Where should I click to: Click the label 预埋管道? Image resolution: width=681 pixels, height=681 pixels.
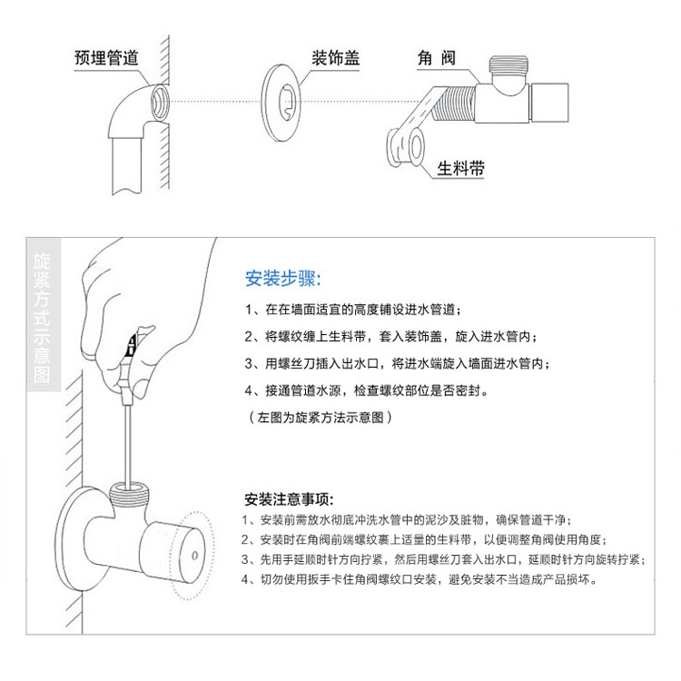click(x=106, y=58)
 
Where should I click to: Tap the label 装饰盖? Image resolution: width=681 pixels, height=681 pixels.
click(x=336, y=58)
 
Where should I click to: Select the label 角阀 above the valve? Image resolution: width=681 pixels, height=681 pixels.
click(x=437, y=58)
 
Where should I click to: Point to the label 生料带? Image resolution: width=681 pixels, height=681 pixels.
click(x=460, y=168)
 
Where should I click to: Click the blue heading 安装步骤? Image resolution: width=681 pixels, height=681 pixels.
click(x=283, y=279)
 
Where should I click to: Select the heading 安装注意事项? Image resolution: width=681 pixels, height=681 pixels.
click(x=289, y=499)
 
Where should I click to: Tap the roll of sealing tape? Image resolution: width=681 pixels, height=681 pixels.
click(x=405, y=147)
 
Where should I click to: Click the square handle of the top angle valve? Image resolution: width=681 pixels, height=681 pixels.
click(x=549, y=103)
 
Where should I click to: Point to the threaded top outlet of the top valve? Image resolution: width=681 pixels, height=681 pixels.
click(x=508, y=64)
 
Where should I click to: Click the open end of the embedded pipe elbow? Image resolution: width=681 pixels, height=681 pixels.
click(x=160, y=103)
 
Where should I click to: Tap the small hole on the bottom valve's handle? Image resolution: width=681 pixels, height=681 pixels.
click(x=194, y=555)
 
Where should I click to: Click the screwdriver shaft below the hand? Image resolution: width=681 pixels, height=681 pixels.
click(x=127, y=444)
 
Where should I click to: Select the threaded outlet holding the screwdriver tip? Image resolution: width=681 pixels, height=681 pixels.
click(x=129, y=493)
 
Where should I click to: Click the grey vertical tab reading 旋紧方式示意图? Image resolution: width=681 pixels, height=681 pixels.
click(x=44, y=314)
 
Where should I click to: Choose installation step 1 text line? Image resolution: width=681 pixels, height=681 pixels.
click(x=352, y=310)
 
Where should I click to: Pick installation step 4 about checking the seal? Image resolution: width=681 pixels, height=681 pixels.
click(x=367, y=390)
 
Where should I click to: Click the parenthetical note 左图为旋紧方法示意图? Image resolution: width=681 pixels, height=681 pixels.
click(x=321, y=418)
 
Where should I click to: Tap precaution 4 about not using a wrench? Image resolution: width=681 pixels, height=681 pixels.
click(x=419, y=579)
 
